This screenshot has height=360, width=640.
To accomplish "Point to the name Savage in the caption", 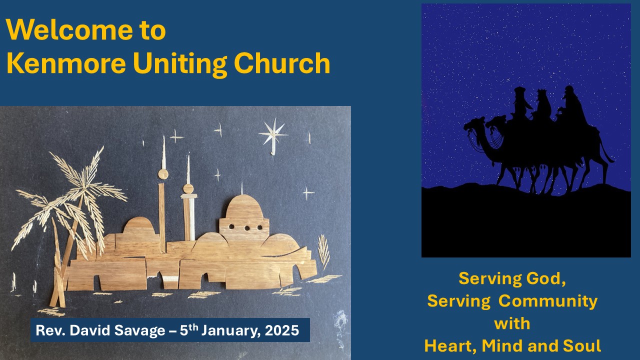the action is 139,331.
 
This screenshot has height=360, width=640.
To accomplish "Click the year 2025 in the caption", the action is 281,330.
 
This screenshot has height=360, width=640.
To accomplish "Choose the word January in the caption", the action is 231,331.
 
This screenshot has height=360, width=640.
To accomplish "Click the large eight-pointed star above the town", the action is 273,135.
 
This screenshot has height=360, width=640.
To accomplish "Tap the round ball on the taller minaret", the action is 163,174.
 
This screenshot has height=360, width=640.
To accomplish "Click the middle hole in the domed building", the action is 247,228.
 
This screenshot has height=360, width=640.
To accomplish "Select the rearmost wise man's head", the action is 569,92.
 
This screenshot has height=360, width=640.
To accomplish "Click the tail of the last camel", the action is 606,151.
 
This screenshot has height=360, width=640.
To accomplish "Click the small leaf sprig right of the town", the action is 323,252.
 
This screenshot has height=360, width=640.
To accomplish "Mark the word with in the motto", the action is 512,323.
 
